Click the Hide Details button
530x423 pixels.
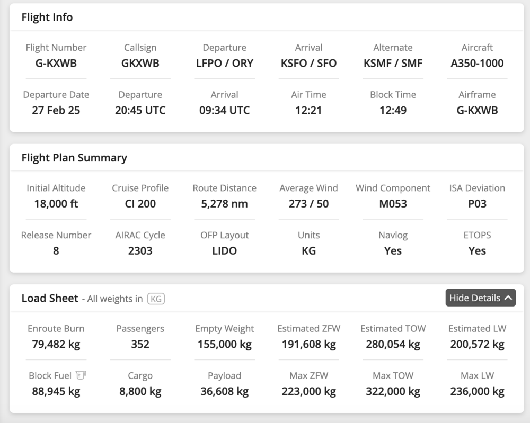click(x=481, y=298)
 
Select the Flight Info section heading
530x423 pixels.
click(x=47, y=17)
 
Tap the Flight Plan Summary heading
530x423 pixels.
click(x=74, y=158)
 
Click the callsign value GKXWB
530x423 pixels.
click(x=140, y=63)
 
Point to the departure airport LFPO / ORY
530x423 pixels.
click(x=225, y=63)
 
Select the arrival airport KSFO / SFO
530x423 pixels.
click(x=308, y=63)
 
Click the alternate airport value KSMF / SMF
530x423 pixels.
click(x=393, y=63)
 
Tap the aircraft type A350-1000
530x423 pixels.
click(x=477, y=63)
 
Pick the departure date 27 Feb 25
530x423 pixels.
click(x=56, y=111)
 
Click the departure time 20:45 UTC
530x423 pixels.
click(x=140, y=111)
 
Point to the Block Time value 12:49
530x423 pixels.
click(x=393, y=111)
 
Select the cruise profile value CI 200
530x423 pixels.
click(x=140, y=204)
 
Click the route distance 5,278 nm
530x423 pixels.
click(x=225, y=204)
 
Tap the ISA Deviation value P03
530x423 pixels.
click(x=477, y=204)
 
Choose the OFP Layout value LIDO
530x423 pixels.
click(x=225, y=251)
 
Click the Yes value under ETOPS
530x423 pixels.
click(x=477, y=251)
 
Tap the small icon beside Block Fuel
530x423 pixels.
click(x=81, y=375)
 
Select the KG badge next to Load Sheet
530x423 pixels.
click(x=156, y=299)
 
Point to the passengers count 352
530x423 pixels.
click(x=140, y=345)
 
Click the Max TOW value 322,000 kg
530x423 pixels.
click(x=393, y=392)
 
